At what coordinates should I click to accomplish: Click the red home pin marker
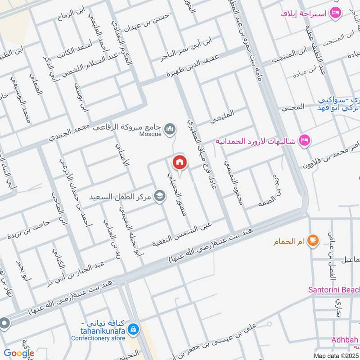coord(179,162)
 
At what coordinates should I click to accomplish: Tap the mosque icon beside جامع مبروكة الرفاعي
coord(170,130)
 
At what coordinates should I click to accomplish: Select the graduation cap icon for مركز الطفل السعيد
coord(159,196)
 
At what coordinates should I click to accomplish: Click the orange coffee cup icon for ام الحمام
coord(313,241)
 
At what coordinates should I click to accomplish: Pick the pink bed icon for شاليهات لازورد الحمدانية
coord(305,141)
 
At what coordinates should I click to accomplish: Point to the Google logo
coord(19,354)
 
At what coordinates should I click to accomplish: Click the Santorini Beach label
coord(333,290)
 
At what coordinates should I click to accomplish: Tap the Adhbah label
coord(345,339)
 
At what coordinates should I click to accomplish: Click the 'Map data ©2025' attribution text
coord(335,356)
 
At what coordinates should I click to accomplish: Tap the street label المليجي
coord(222,118)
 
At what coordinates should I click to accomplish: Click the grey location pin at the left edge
coord(4,323)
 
